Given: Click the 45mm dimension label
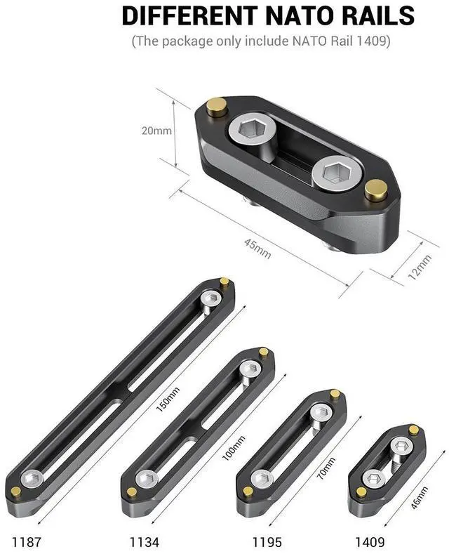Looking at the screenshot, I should [257, 248].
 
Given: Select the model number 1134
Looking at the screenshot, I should [143, 541].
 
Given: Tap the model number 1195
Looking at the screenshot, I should [267, 541].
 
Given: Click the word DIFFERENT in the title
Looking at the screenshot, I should [181, 15].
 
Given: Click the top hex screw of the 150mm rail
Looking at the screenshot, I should [209, 299].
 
